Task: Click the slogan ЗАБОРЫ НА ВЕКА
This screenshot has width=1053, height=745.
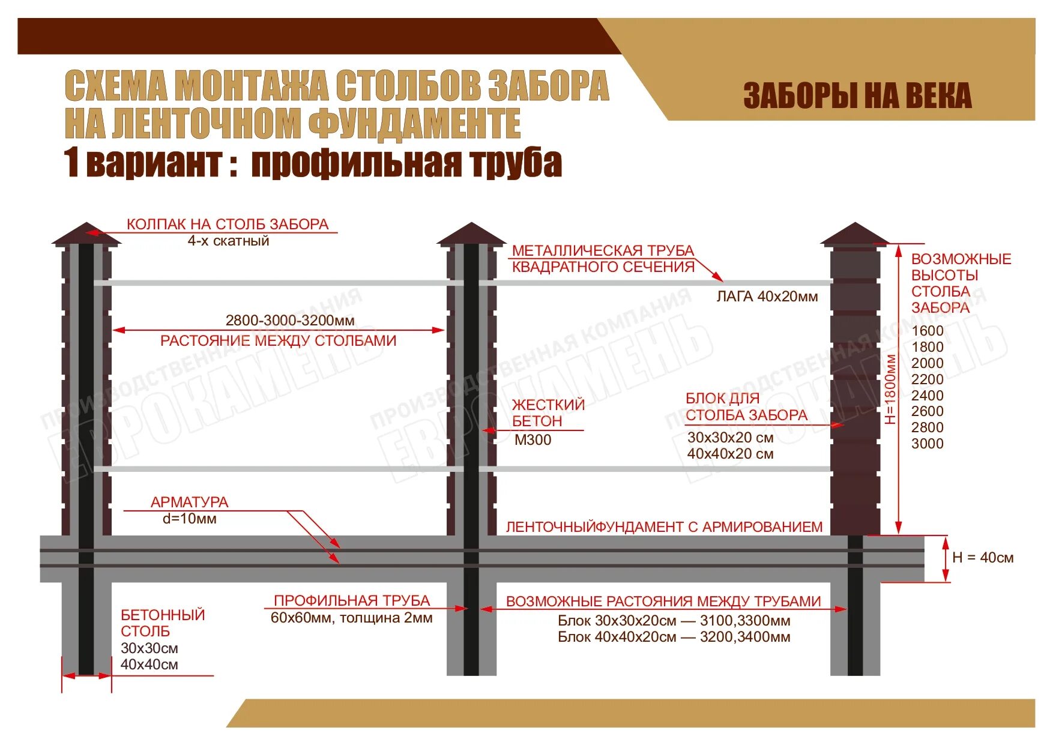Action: [x=857, y=96]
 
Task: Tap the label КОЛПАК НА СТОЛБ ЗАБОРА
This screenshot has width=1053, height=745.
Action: [x=227, y=225]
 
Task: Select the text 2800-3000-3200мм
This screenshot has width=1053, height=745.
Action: [x=290, y=321]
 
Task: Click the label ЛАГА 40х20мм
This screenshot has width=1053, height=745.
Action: [x=767, y=297]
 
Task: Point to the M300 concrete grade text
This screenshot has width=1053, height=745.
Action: [x=533, y=440]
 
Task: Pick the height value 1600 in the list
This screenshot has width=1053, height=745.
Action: [x=927, y=331]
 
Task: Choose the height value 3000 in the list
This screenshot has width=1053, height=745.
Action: [x=927, y=444]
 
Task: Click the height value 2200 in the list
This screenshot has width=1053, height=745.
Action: [x=927, y=379]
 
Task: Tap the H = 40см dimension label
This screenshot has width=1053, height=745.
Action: [x=982, y=558]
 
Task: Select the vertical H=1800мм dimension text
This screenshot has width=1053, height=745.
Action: [x=890, y=389]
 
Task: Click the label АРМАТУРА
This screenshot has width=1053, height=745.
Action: [x=189, y=502]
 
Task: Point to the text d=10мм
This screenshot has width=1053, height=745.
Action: [x=189, y=519]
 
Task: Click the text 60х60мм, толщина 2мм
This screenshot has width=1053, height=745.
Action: [x=351, y=618]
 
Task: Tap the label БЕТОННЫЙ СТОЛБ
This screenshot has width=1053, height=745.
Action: [x=163, y=623]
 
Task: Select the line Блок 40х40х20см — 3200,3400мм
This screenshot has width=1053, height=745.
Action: [x=674, y=637]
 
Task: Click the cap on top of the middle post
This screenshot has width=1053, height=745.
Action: [x=471, y=234]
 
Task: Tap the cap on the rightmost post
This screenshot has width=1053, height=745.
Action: [x=854, y=234]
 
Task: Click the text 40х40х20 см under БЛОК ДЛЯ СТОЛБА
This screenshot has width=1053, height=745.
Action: [x=730, y=454]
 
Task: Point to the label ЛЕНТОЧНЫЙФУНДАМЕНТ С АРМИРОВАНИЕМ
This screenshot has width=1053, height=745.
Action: [x=664, y=527]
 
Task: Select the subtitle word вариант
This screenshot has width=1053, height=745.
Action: [x=154, y=163]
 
